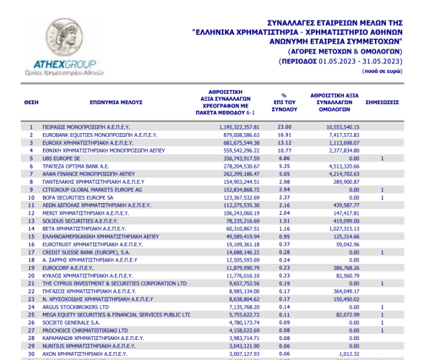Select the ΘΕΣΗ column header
[x=31, y=103]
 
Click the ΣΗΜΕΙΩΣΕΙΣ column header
[x=382, y=103]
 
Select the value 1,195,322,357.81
[x=240, y=127]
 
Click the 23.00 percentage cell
[x=284, y=127]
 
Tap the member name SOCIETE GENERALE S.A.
[x=70, y=323]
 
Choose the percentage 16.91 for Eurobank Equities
[x=284, y=135]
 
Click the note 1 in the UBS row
[x=382, y=159]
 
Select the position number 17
[x=31, y=252]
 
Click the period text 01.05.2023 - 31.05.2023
[x=359, y=61]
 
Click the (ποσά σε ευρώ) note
[x=382, y=71]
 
